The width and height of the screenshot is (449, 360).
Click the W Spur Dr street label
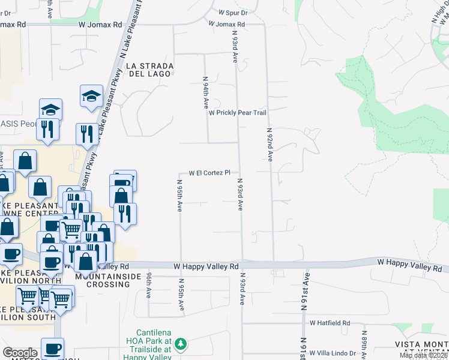(x=233, y=12)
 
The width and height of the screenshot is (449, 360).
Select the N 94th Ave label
(x=205, y=92)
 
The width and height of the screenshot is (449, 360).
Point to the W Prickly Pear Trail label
(x=237, y=113)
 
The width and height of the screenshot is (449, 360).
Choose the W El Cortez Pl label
(x=209, y=173)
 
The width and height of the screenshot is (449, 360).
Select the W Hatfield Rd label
(x=330, y=323)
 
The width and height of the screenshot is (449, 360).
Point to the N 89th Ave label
(x=364, y=343)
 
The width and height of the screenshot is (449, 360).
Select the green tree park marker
(x=181, y=344)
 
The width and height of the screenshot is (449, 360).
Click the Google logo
(x=20, y=353)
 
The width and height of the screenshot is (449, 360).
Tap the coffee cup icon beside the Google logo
(x=53, y=347)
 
